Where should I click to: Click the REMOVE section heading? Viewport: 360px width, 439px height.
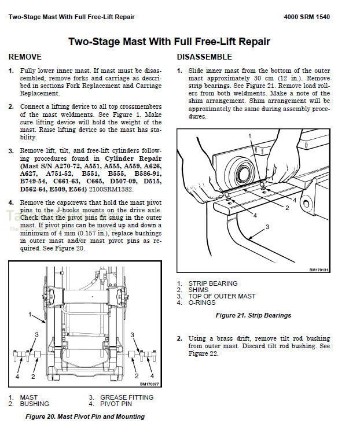pos(25,57)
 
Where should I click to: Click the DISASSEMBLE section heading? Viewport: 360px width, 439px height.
pos(204,57)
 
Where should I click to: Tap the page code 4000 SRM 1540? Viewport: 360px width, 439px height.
pos(307,17)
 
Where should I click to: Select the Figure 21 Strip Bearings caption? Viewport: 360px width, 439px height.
pos(253,315)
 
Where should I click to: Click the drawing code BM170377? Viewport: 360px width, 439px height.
pos(150,384)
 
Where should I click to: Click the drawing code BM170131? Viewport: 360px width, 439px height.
pos(318,270)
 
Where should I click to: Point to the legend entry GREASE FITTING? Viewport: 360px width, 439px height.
pos(127,397)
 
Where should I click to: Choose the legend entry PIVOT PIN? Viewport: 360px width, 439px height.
pos(116,404)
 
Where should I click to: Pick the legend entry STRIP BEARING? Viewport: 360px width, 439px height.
pos(212,283)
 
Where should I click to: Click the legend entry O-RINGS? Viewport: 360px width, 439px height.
pos(201,302)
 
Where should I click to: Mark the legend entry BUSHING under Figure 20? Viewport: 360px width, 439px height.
pos(35,404)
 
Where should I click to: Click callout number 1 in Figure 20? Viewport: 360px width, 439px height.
pos(30,315)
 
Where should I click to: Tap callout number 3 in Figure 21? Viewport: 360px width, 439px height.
pos(267,227)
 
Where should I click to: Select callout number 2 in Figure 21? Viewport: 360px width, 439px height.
pos(286,208)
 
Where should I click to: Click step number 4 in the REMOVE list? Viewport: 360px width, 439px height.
pos(11,202)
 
